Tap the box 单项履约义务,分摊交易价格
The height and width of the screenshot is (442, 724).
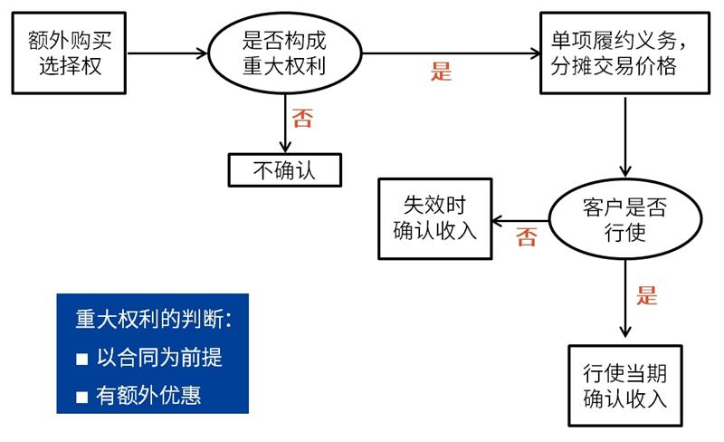(x=624, y=53)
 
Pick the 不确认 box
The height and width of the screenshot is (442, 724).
(x=285, y=169)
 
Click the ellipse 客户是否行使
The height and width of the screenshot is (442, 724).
(x=624, y=219)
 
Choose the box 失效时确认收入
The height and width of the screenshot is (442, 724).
(x=434, y=217)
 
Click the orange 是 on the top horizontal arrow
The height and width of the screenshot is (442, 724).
(x=441, y=72)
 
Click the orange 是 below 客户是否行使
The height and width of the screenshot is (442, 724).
(x=646, y=295)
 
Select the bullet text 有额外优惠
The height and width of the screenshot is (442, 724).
(x=148, y=395)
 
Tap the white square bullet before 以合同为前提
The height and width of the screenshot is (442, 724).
(x=81, y=359)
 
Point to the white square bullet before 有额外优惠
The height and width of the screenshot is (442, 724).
(x=81, y=397)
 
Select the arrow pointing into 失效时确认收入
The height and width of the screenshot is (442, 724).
(x=519, y=219)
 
